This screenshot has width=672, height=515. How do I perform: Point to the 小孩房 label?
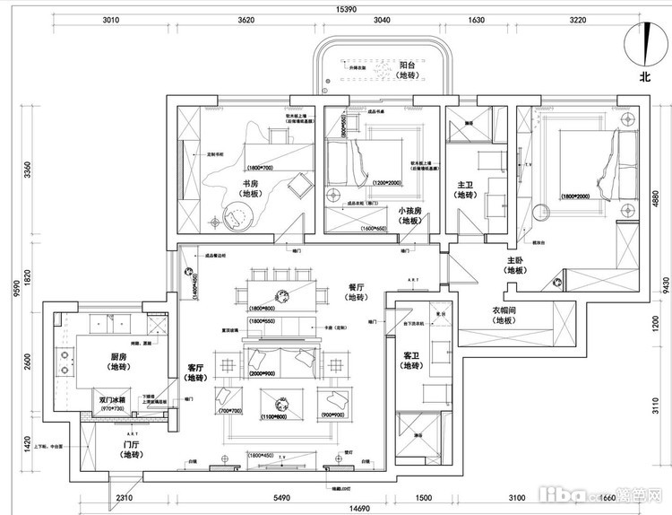pyautogui.click(x=410, y=214)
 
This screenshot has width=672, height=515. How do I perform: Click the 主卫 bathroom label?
pyautogui.click(x=464, y=188)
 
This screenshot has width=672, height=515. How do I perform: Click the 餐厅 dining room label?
pyautogui.click(x=357, y=291)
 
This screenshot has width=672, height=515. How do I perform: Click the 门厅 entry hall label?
pyautogui.click(x=130, y=449)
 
